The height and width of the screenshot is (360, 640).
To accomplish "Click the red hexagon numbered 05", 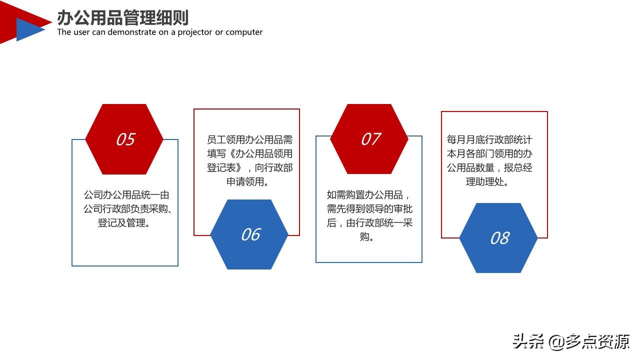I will (124, 139).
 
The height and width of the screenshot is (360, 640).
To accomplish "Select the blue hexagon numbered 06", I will (249, 234).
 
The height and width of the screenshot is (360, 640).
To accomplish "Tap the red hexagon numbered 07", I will (369, 139).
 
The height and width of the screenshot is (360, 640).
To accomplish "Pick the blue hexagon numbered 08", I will (498, 238).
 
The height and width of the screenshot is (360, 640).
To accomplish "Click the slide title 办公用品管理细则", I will (122, 17).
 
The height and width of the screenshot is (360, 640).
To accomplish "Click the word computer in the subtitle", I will (244, 32).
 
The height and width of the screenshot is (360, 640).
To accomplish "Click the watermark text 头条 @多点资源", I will (571, 342).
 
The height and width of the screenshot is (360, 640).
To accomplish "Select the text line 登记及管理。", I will (125, 223).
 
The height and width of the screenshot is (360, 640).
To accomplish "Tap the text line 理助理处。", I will (488, 182).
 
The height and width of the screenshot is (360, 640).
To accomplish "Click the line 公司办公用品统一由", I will (126, 195).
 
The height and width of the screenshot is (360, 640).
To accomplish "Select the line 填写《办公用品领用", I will (249, 154).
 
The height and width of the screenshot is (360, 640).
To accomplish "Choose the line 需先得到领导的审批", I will (369, 209).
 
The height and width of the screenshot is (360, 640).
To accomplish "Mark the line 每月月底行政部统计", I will (489, 140).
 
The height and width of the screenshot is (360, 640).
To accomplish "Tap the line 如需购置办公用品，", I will (368, 195).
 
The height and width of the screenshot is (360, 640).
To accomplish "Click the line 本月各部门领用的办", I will (489, 154).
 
